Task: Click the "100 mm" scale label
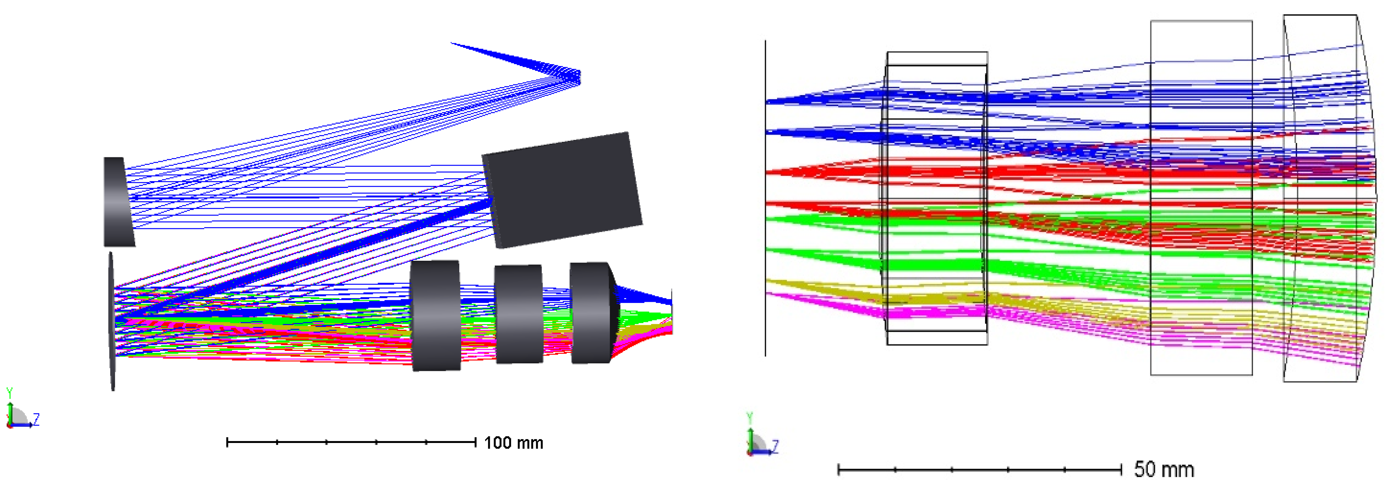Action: coord(513,443)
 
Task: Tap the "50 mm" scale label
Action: coord(1164,469)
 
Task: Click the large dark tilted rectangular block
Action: coord(562,189)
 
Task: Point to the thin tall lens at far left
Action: coord(111,321)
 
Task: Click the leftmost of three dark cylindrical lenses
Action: coord(436,315)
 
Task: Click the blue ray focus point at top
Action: coord(579,77)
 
